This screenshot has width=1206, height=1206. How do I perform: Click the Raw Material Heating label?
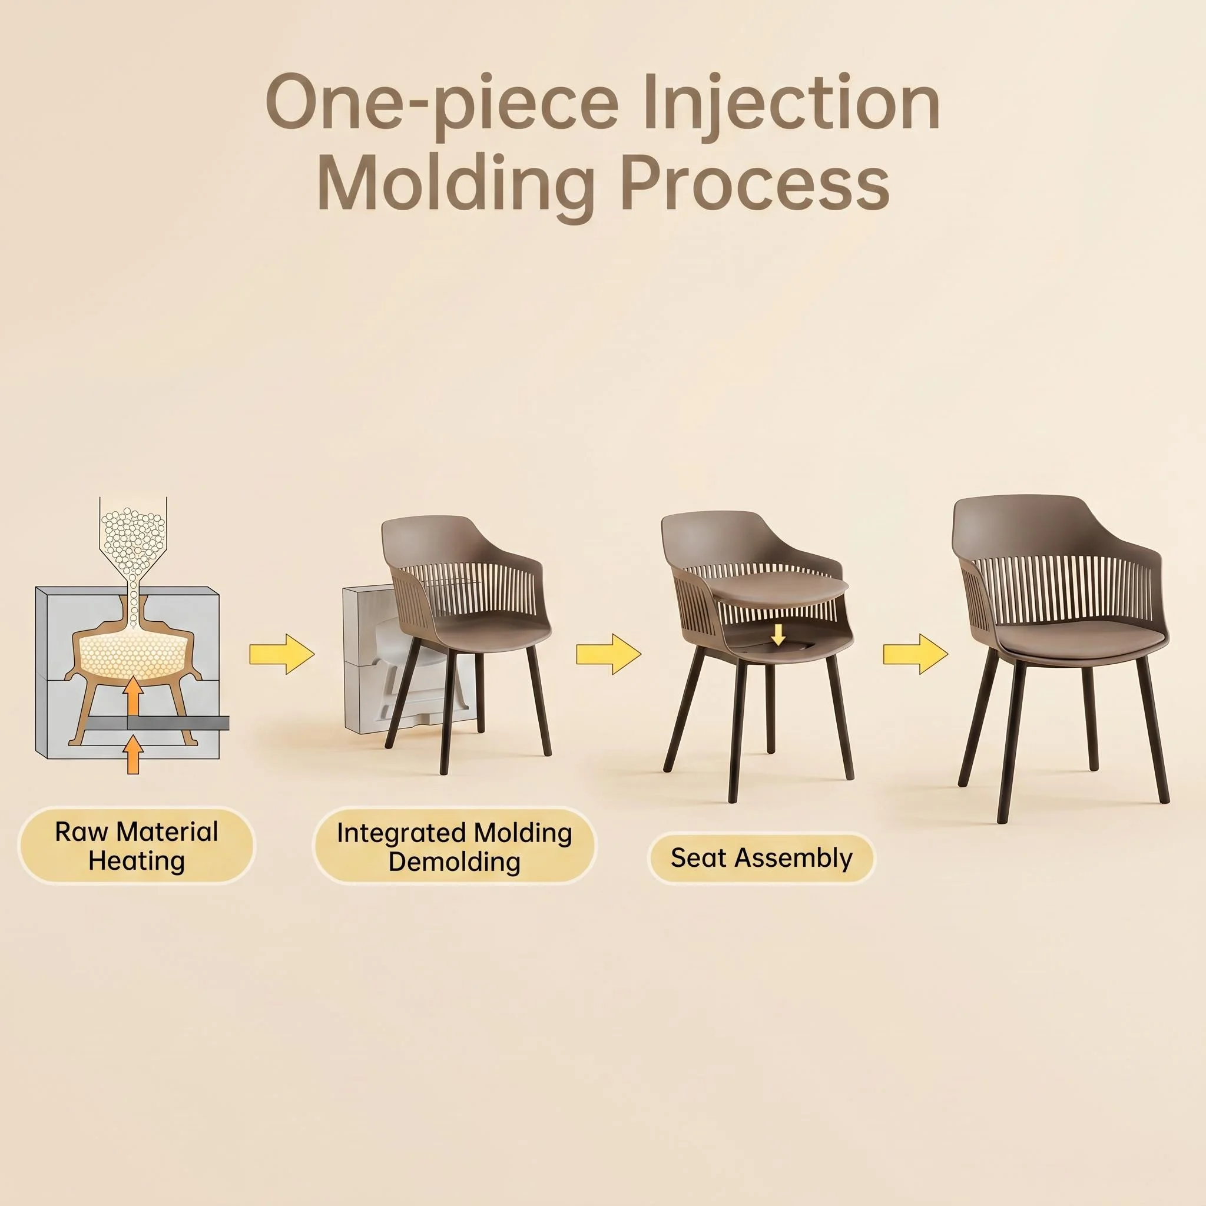click(137, 846)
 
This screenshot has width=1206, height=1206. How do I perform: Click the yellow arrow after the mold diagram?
click(281, 654)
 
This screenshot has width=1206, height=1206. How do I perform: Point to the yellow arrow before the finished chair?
click(915, 654)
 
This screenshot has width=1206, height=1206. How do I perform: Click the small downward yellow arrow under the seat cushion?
click(778, 635)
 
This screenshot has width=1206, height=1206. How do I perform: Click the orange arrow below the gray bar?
click(132, 755)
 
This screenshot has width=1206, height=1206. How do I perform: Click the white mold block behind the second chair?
click(375, 662)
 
